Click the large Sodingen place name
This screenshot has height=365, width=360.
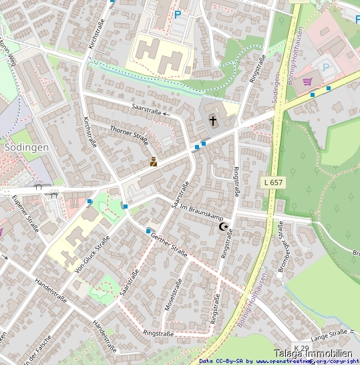[x=25, y=146]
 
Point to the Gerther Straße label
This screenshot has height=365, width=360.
[x=168, y=244]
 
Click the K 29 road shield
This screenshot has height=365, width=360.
[x=301, y=348]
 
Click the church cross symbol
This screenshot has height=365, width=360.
[x=213, y=121]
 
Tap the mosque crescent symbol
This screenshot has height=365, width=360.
[x=224, y=227]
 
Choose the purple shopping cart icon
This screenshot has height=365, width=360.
[x=307, y=82]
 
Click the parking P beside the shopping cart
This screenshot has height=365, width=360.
[x=326, y=67]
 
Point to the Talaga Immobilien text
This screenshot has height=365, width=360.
[x=313, y=354]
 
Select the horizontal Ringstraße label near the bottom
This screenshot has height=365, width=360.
[x=158, y=333]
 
